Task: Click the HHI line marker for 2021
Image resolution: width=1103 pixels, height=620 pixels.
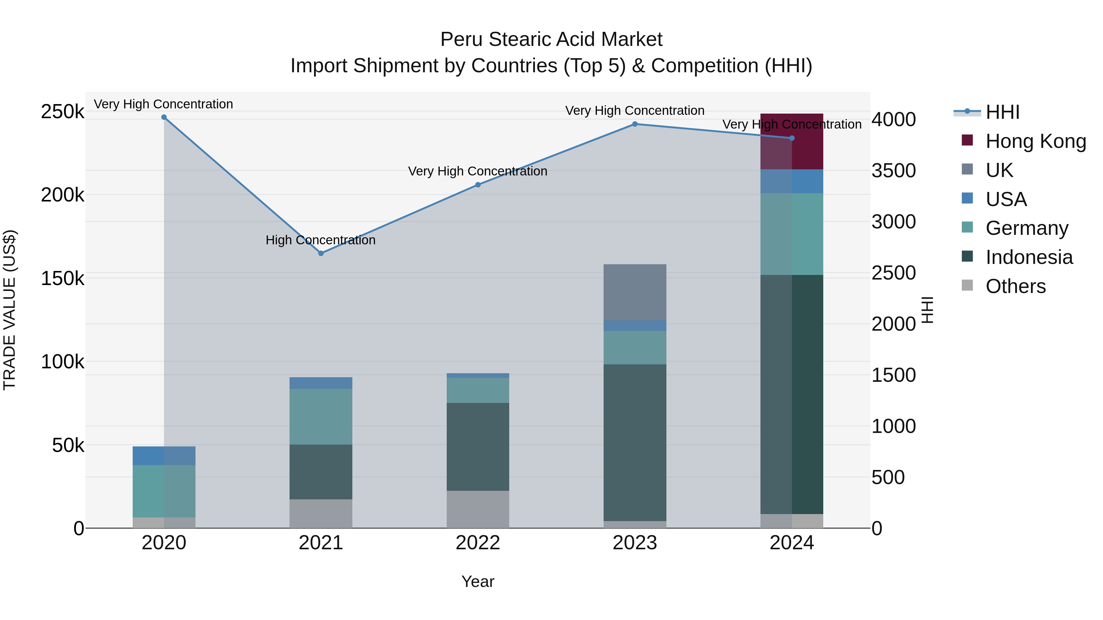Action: (321, 253)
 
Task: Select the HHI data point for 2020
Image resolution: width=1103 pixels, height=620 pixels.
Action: (164, 117)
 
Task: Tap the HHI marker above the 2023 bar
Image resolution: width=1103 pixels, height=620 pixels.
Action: (635, 124)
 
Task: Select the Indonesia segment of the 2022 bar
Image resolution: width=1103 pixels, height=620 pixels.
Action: (478, 446)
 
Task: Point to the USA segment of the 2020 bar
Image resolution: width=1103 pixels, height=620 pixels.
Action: (164, 455)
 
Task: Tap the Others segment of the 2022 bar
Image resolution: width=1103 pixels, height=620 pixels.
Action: (478, 509)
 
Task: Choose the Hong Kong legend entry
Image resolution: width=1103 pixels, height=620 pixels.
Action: (1035, 141)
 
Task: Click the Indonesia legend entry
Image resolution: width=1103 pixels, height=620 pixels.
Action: (1029, 257)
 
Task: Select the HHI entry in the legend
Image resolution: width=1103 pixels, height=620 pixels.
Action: (1002, 112)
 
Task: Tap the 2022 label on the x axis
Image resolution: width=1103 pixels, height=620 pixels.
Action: (478, 543)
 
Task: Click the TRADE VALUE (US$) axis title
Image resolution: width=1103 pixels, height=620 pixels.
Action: (10, 310)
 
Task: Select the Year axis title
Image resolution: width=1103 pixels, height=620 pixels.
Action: (478, 581)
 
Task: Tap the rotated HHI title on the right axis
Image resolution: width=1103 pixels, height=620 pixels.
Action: (927, 310)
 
